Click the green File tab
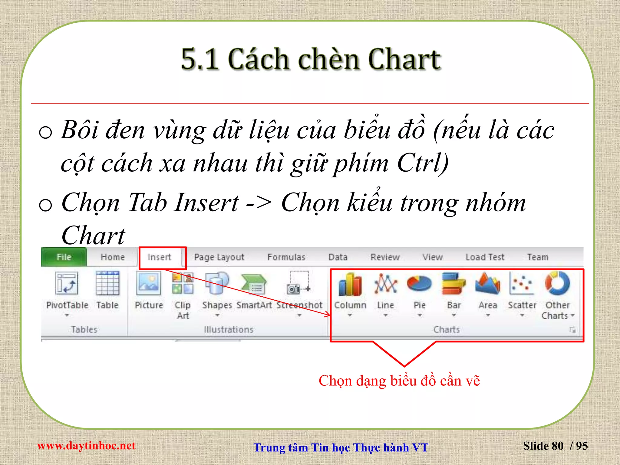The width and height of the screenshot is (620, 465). (x=64, y=257)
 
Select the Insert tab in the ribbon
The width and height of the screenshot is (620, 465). (x=159, y=257)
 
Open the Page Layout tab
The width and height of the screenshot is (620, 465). (x=219, y=257)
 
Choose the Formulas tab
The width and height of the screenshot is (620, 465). (x=286, y=257)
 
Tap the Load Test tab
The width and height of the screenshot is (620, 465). (x=485, y=257)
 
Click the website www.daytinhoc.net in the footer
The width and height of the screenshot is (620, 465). (x=86, y=446)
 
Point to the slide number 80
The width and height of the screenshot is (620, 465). (x=557, y=446)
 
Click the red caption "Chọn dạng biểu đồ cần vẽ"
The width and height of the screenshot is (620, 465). (x=399, y=381)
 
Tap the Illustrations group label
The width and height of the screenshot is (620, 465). (x=229, y=329)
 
